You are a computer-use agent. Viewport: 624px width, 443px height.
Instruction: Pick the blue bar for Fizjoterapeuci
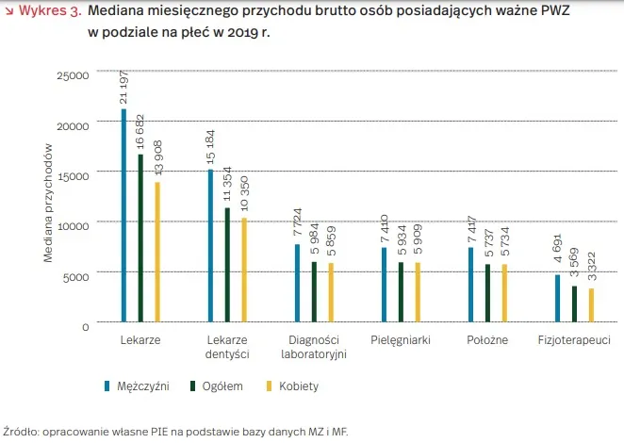click(x=557, y=299)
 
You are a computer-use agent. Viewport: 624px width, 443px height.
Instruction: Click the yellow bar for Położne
click(x=504, y=293)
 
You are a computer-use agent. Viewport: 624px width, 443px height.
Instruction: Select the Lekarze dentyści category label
click(x=226, y=346)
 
